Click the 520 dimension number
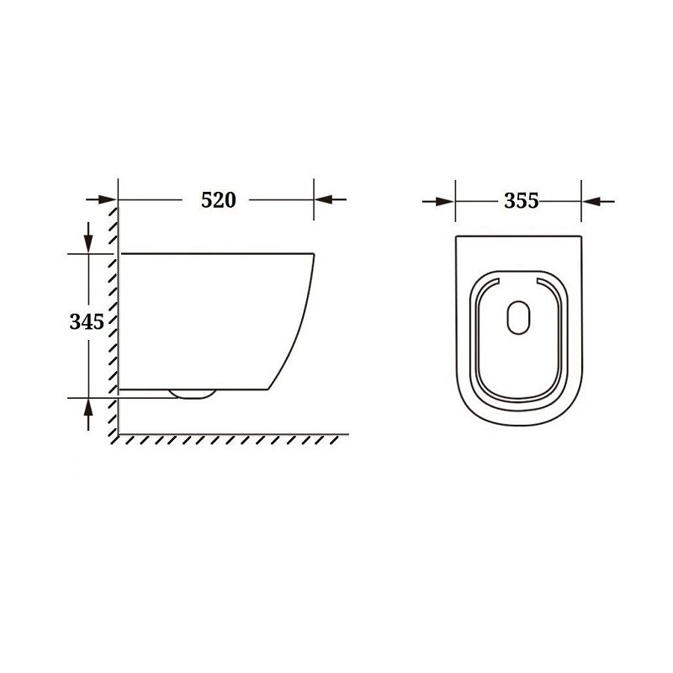click(219, 200)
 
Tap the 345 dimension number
click(87, 321)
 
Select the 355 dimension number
click(521, 201)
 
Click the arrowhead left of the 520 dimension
click(108, 199)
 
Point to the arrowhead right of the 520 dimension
click(324, 199)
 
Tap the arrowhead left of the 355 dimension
click(445, 201)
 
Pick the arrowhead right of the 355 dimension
click(591, 201)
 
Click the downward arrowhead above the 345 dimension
click(88, 244)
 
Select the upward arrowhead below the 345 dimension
click(88, 408)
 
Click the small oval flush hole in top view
click(518, 318)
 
